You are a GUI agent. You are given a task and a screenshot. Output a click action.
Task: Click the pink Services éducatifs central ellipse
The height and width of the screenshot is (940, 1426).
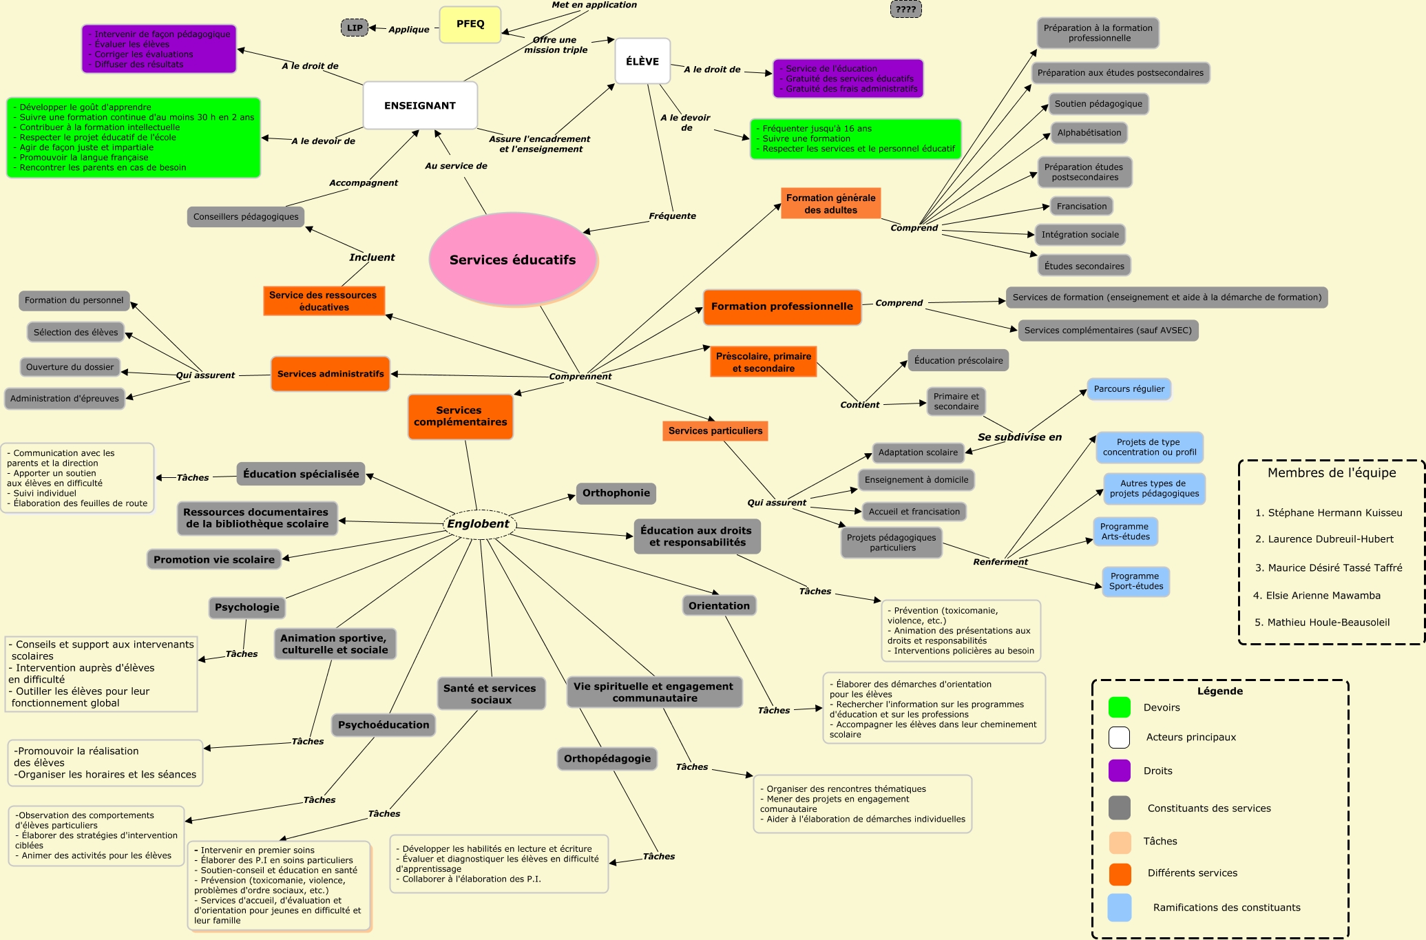(x=513, y=260)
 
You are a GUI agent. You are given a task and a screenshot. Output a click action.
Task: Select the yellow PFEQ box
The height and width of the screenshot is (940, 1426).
(x=470, y=24)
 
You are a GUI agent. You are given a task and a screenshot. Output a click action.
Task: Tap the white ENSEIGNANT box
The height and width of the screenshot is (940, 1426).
(x=420, y=105)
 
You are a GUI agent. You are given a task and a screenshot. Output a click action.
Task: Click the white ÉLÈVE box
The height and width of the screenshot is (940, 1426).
(x=642, y=61)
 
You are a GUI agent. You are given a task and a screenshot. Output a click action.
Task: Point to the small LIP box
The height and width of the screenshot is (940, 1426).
(x=355, y=28)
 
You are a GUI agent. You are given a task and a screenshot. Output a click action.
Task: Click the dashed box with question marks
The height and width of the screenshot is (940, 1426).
(x=905, y=9)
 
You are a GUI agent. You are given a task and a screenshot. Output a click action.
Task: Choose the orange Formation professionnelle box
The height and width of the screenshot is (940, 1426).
(x=782, y=306)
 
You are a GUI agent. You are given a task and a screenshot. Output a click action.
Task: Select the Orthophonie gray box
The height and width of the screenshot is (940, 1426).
(x=616, y=493)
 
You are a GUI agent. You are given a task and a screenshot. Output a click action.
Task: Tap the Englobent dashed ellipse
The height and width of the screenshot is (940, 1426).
(x=479, y=524)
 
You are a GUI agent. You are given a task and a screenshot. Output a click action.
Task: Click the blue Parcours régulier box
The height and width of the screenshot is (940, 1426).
(x=1129, y=389)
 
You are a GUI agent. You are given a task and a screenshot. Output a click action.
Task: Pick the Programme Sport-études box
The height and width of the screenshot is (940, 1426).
(x=1135, y=581)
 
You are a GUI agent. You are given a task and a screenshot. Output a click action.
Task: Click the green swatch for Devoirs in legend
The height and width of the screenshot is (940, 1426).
(x=1120, y=707)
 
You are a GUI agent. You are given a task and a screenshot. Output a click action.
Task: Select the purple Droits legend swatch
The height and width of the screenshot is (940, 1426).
(x=1120, y=771)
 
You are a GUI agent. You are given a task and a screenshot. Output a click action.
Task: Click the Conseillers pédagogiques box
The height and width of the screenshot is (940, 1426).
(x=246, y=217)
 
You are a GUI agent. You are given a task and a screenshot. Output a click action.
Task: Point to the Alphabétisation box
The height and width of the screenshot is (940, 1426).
(x=1089, y=133)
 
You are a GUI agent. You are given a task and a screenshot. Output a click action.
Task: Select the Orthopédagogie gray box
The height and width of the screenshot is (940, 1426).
(x=607, y=759)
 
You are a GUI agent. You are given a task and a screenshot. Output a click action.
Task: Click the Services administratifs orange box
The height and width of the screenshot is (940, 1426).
(x=331, y=374)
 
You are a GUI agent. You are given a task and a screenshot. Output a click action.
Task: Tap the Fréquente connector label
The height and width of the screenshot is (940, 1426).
(x=672, y=216)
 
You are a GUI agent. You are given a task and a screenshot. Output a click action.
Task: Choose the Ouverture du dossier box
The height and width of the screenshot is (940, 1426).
(x=70, y=367)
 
